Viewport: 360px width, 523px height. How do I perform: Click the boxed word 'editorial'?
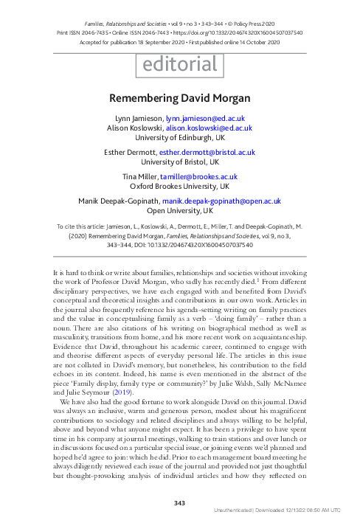[x=180, y=66]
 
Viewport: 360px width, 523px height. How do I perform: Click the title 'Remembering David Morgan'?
[x=180, y=97]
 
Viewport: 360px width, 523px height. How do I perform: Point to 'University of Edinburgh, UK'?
[x=180, y=137]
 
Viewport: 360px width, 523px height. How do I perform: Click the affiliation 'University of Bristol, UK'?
[x=180, y=162]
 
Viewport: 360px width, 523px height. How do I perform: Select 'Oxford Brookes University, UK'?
[x=180, y=187]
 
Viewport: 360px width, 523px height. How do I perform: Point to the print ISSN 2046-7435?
[x=84, y=32]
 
